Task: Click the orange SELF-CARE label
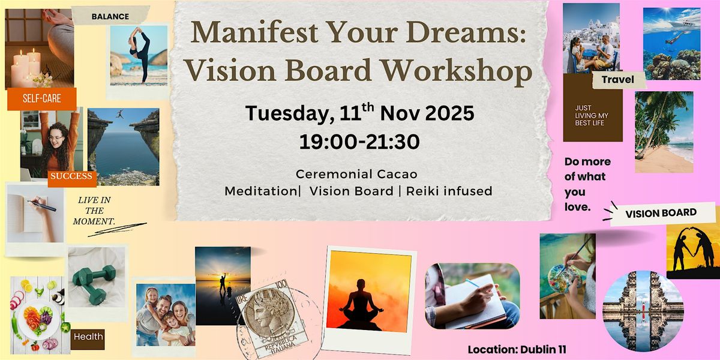[41, 98]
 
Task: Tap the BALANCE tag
[110, 16]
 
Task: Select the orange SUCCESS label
[71, 176]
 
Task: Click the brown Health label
[88, 337]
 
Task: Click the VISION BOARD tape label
[661, 213]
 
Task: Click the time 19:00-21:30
[359, 142]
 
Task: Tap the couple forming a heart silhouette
[694, 250]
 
